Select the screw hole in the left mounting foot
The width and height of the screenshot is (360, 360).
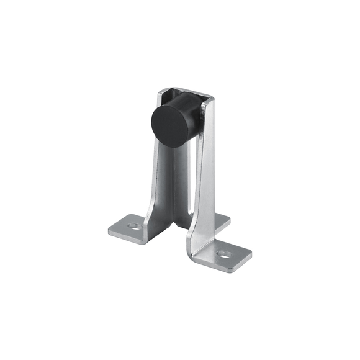[133, 226]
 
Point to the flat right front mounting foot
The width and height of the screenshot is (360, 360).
[227, 255]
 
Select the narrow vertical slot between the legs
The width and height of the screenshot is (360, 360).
[189, 186]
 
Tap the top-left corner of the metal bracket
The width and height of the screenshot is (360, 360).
[160, 91]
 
